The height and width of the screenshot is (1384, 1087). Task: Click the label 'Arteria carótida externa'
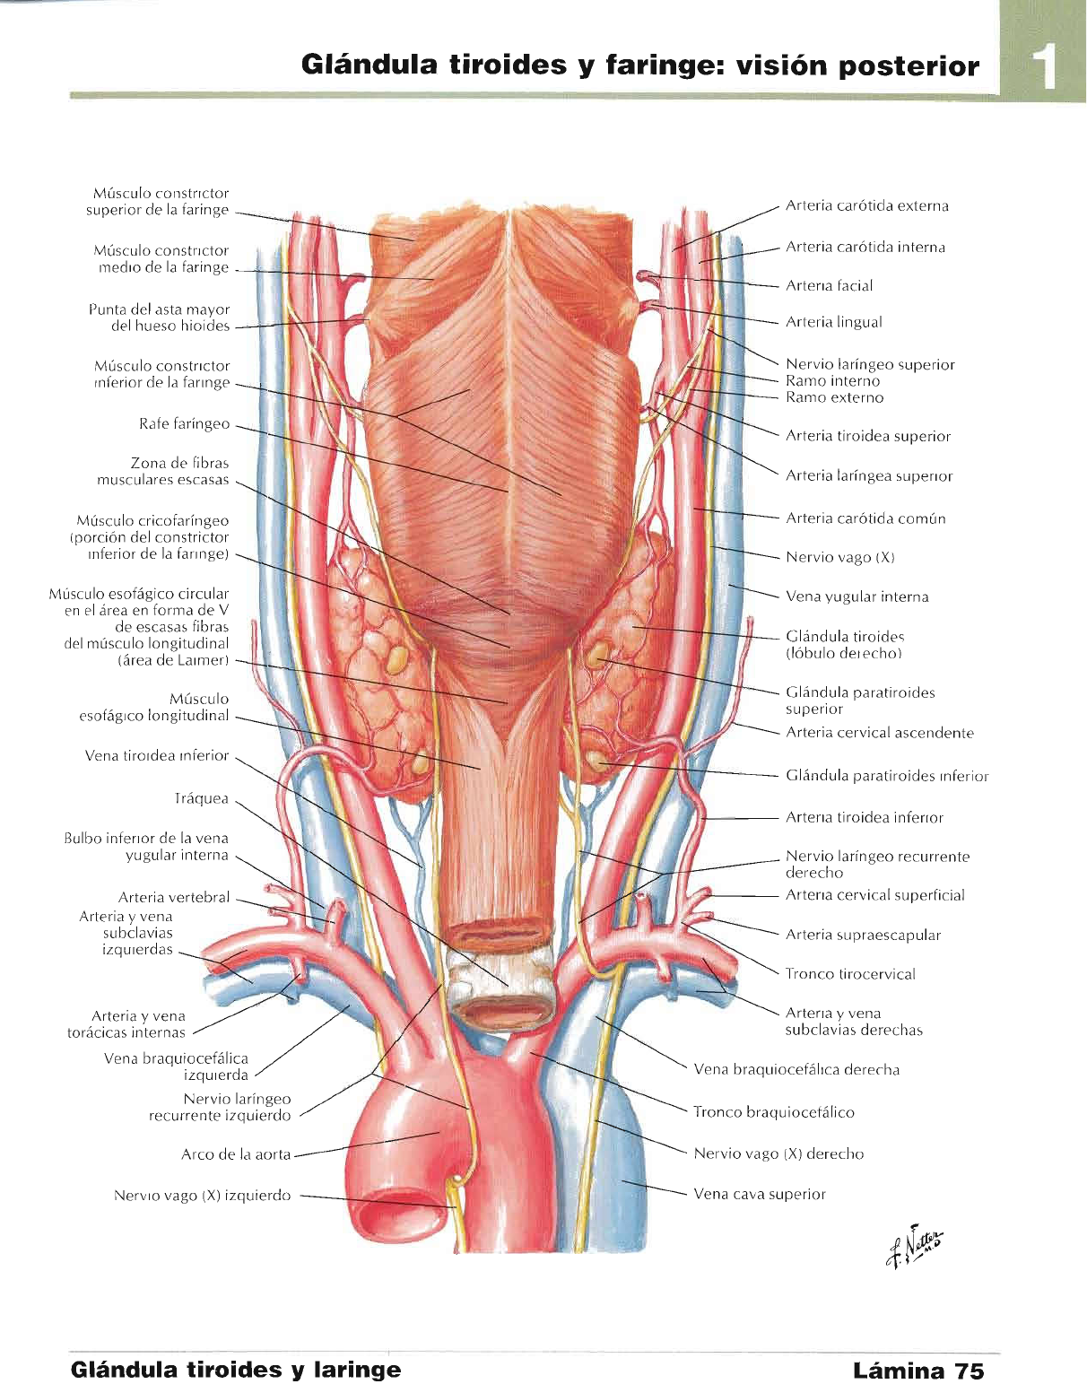pos(866,206)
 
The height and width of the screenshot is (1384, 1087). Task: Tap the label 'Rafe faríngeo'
pos(184,424)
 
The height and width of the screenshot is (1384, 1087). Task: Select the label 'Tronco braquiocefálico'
pos(773,1112)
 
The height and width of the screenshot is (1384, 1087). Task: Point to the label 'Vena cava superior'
pos(759,1195)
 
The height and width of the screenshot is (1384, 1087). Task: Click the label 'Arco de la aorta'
pos(236,1154)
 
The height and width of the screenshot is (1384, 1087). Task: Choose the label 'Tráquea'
pos(201,799)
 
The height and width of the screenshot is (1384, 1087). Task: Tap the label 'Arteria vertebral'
pos(174,897)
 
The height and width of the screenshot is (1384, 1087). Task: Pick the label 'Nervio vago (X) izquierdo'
pos(202,1196)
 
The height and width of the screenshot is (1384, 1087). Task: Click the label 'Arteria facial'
pos(829,286)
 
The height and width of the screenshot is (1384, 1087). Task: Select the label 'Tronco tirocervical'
pos(849,974)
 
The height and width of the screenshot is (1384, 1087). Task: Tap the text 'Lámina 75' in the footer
pos(917,1371)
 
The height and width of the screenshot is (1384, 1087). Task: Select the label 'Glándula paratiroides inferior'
pos(886,777)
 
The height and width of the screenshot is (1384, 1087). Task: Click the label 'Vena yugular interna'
pos(857,597)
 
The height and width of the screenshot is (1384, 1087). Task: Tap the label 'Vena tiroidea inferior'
pos(157,756)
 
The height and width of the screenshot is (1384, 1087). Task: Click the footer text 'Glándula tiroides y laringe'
pos(236,1371)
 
